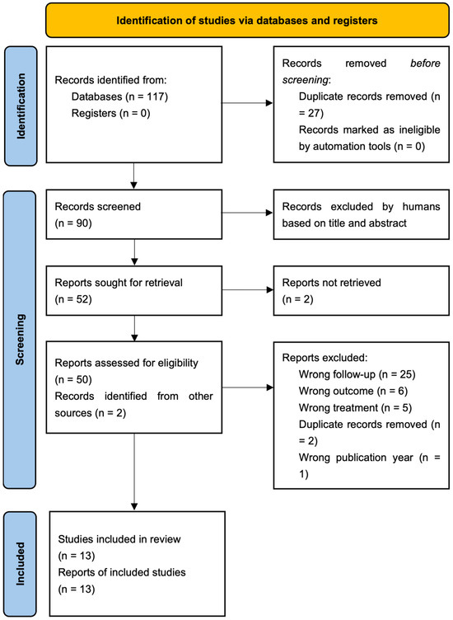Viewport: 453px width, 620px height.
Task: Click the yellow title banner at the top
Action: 247,20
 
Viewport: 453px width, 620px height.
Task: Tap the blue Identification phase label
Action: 21,106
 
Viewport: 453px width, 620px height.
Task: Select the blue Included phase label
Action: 20,564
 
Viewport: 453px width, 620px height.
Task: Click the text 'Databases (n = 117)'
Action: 119,97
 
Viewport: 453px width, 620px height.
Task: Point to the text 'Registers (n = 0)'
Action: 111,114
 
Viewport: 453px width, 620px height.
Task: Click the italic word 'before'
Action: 425,63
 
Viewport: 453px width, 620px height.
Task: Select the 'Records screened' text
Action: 97,206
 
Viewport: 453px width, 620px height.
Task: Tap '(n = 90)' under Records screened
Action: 73,223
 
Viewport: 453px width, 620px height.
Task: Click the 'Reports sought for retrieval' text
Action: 119,283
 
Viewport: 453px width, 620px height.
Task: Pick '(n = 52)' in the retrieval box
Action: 73,299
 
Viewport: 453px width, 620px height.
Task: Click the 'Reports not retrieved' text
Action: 331,283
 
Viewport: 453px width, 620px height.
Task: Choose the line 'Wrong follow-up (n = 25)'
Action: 357,374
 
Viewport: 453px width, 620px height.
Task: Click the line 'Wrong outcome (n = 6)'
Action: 353,391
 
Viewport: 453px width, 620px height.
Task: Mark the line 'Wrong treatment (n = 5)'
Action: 355,407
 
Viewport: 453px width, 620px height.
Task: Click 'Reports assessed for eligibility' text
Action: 126,363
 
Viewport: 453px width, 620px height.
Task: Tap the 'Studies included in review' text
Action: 119,539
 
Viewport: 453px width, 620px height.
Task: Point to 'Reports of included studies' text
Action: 122,572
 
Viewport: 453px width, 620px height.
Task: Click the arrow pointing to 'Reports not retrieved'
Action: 248,290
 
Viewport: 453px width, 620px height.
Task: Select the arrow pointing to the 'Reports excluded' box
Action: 248,387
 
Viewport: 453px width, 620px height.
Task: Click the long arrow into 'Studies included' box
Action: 134,472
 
